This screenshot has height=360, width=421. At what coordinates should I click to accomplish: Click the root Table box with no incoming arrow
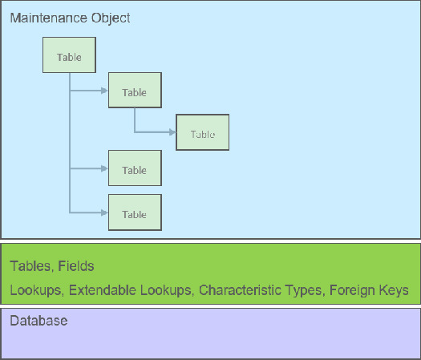coord(69,57)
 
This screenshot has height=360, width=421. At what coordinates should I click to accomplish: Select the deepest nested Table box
coord(203,134)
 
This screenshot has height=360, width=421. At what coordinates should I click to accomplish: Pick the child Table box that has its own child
coord(135,92)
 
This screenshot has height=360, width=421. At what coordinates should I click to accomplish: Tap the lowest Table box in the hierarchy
coord(135,213)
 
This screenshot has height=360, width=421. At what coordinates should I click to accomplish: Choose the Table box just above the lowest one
coord(135,169)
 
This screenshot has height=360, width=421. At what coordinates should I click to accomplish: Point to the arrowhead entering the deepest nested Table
coord(172,134)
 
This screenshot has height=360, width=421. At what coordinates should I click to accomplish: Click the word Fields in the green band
coord(76,266)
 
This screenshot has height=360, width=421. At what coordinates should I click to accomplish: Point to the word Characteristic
coord(237,289)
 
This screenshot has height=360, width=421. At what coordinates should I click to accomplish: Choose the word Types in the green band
coord(302,289)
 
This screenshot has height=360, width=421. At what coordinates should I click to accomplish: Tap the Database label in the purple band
coord(38,321)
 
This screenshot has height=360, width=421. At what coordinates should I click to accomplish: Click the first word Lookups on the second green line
coord(34,289)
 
